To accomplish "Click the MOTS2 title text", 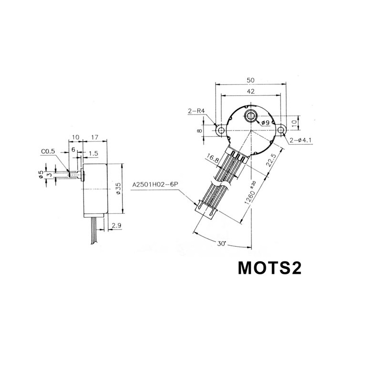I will (x=269, y=269).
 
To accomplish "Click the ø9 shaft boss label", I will (x=265, y=123).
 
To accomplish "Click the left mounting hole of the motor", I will (x=221, y=130).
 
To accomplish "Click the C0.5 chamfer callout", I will (x=48, y=152).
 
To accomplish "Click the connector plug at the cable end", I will (x=205, y=210).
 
